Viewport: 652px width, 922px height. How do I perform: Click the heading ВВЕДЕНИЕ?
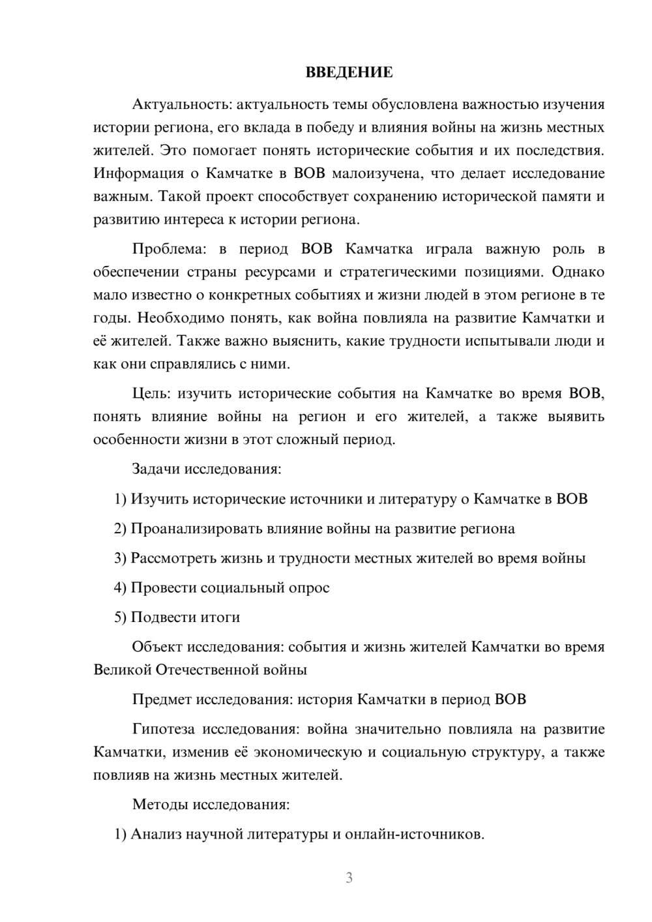(349, 72)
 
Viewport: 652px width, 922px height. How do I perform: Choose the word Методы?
(160, 804)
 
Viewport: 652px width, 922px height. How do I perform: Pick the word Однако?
(579, 272)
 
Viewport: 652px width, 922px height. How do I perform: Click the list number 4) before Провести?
(120, 587)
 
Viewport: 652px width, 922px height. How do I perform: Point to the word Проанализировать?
(196, 529)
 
